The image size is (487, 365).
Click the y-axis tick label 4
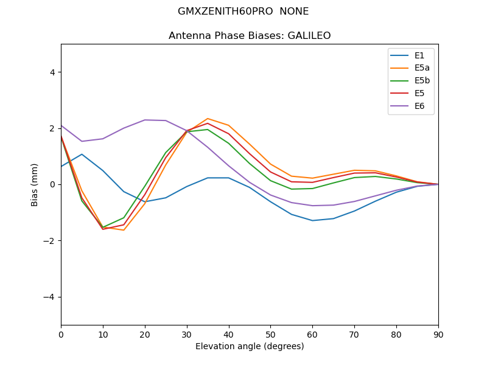[52, 72]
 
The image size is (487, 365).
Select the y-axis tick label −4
[49, 297]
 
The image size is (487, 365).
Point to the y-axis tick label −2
[49, 241]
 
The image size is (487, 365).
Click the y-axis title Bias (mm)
[35, 184]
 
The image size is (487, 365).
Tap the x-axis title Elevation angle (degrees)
[250, 346]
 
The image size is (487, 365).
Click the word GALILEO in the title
[308, 36]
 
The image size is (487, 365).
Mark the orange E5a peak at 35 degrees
[208, 119]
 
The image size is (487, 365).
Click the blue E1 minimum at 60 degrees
[312, 220]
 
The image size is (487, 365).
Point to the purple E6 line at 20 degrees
[145, 120]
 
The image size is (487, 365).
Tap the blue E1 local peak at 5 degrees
[82, 154]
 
